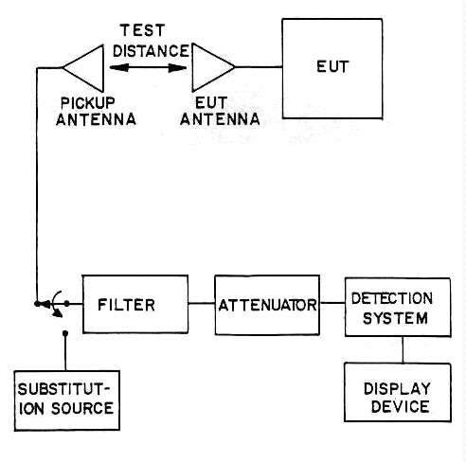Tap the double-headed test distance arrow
148,68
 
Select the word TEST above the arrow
143,30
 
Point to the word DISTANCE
151,51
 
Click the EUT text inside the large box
332,67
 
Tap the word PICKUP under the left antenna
87,103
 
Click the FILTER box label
126,305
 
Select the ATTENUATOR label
267,305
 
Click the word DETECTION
392,298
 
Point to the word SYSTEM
395,318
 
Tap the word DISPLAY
397,389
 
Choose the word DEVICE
400,407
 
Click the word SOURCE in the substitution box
82,408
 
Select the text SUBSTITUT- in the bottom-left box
64,389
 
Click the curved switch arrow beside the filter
55,304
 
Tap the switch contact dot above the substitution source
65,333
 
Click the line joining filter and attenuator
202,304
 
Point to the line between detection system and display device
403,349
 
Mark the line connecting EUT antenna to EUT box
259,67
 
